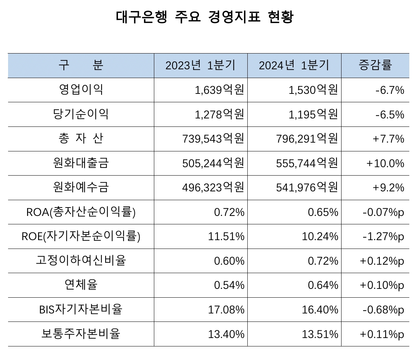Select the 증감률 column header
tap(375, 65)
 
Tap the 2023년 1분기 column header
tap(200, 65)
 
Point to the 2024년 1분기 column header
tap(294, 65)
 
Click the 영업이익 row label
tap(81, 90)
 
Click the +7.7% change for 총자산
tap(388, 139)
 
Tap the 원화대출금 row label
tap(81, 163)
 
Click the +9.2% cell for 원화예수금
tap(388, 188)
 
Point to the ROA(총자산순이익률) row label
tap(81, 212)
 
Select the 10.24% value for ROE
tap(320, 236)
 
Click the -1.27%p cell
tap(383, 236)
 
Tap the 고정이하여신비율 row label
tap(81, 261)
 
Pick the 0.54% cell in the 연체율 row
tap(229, 285)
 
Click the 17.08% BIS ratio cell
tap(226, 310)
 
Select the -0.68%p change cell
tap(383, 310)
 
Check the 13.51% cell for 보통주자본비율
tap(320, 334)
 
